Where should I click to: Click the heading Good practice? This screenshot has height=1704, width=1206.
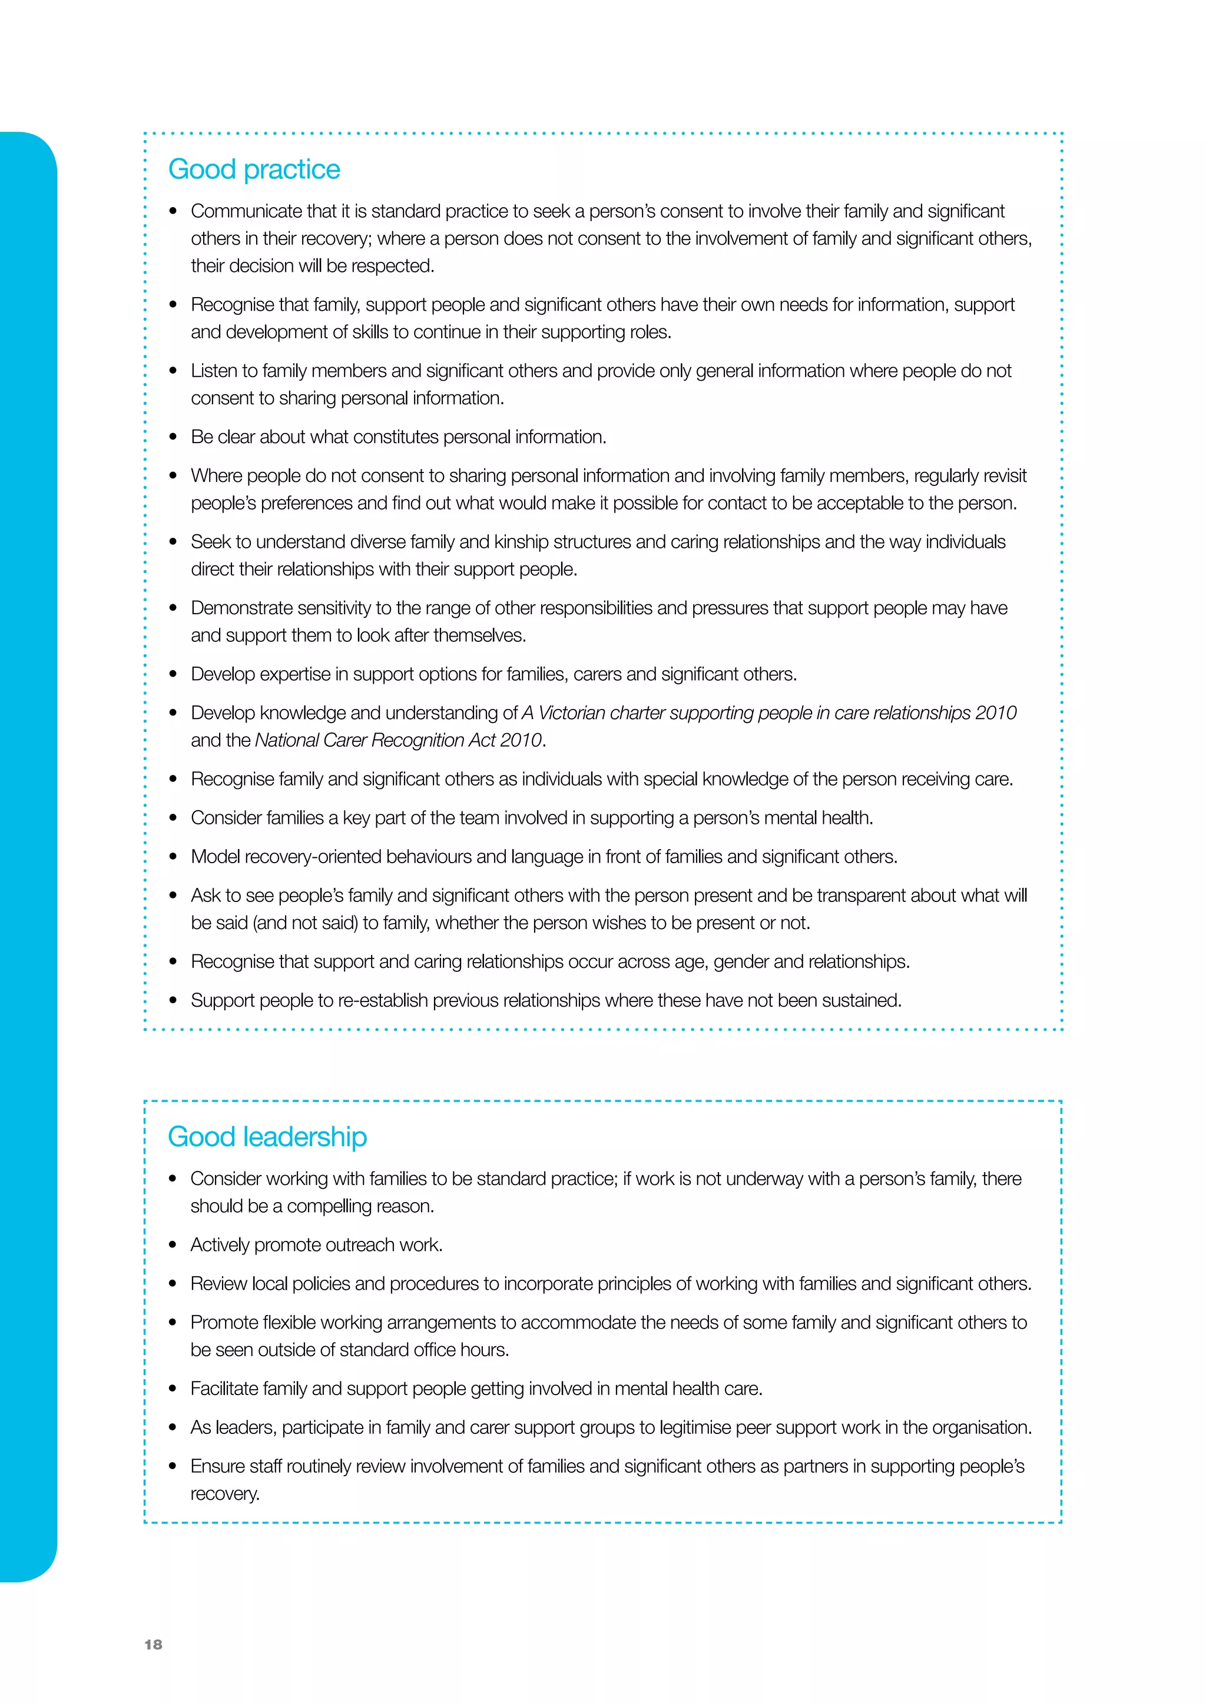pyautogui.click(x=254, y=169)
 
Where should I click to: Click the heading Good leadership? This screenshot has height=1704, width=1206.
pyautogui.click(x=267, y=1137)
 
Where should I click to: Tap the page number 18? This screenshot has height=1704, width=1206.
pyautogui.click(x=153, y=1644)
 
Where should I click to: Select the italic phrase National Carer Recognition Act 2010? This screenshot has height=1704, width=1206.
pyautogui.click(x=399, y=741)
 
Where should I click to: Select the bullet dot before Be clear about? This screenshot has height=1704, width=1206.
pyautogui.click(x=173, y=437)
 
